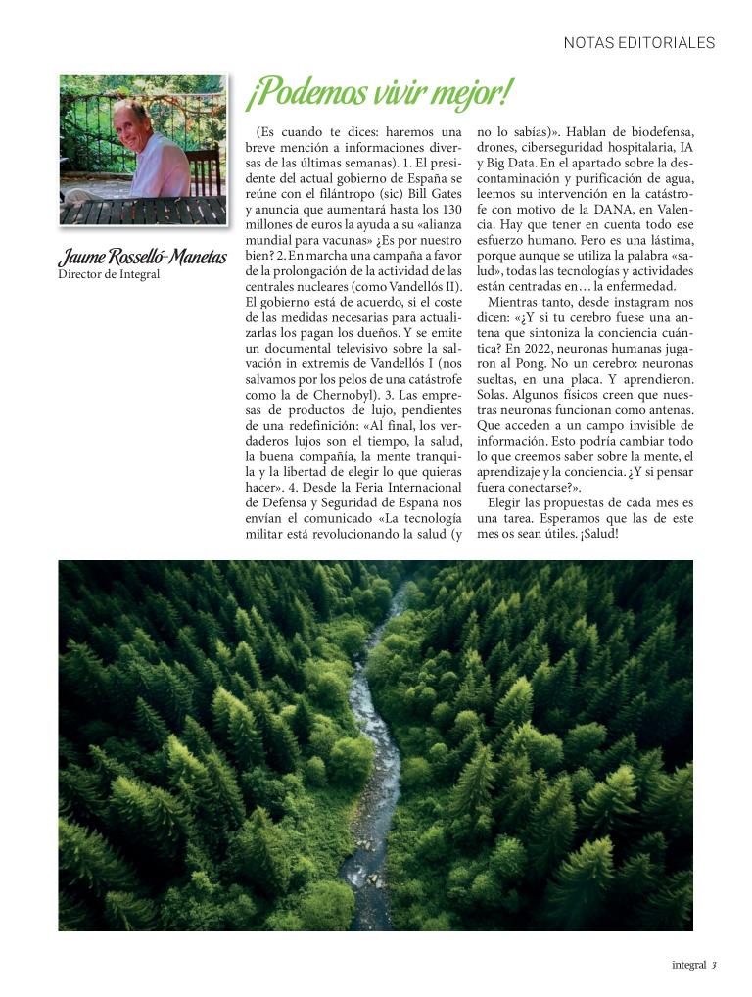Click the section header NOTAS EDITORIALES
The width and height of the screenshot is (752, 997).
point(639,43)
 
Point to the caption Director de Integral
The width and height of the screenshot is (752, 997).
point(109,275)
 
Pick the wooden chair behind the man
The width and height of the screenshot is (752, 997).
point(204,168)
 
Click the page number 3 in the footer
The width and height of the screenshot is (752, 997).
point(715,965)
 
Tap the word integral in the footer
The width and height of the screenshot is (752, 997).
point(688,965)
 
